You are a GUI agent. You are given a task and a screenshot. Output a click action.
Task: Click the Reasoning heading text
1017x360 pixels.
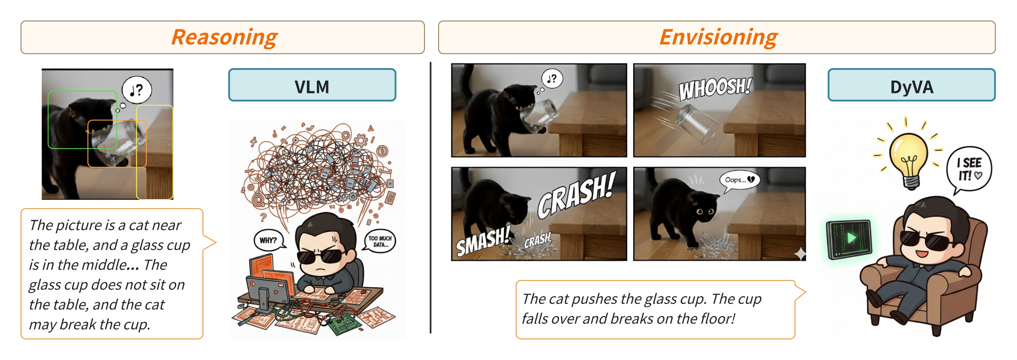point(224,37)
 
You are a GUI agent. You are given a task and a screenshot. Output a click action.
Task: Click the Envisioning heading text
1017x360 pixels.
point(718,37)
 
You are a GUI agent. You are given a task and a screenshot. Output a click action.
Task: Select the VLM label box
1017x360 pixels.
point(312,85)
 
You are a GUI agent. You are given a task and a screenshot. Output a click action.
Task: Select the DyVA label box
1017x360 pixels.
point(912,85)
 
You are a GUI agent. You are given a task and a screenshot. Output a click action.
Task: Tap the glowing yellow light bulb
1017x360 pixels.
point(909,159)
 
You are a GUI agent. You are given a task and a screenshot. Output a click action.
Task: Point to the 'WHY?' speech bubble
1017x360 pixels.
point(269,240)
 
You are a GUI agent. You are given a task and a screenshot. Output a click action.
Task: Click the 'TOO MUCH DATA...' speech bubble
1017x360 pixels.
point(380,241)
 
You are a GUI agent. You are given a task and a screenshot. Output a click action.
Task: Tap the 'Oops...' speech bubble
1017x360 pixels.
point(739,180)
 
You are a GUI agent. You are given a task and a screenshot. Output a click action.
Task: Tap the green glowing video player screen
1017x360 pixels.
point(849,239)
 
